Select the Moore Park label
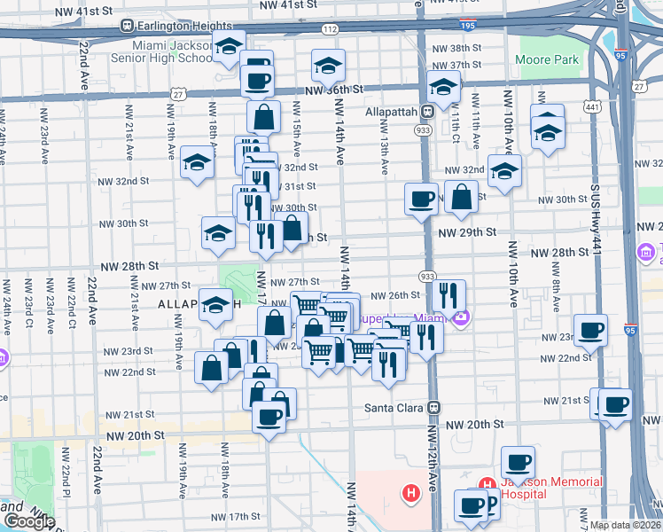(547, 60)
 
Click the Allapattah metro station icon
(427, 112)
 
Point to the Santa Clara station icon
(434, 408)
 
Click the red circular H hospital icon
(410, 492)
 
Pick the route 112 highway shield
(330, 29)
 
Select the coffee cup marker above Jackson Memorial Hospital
(518, 461)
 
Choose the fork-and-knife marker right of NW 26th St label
(450, 294)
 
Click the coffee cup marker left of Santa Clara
(269, 415)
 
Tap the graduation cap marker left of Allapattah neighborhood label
(214, 305)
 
